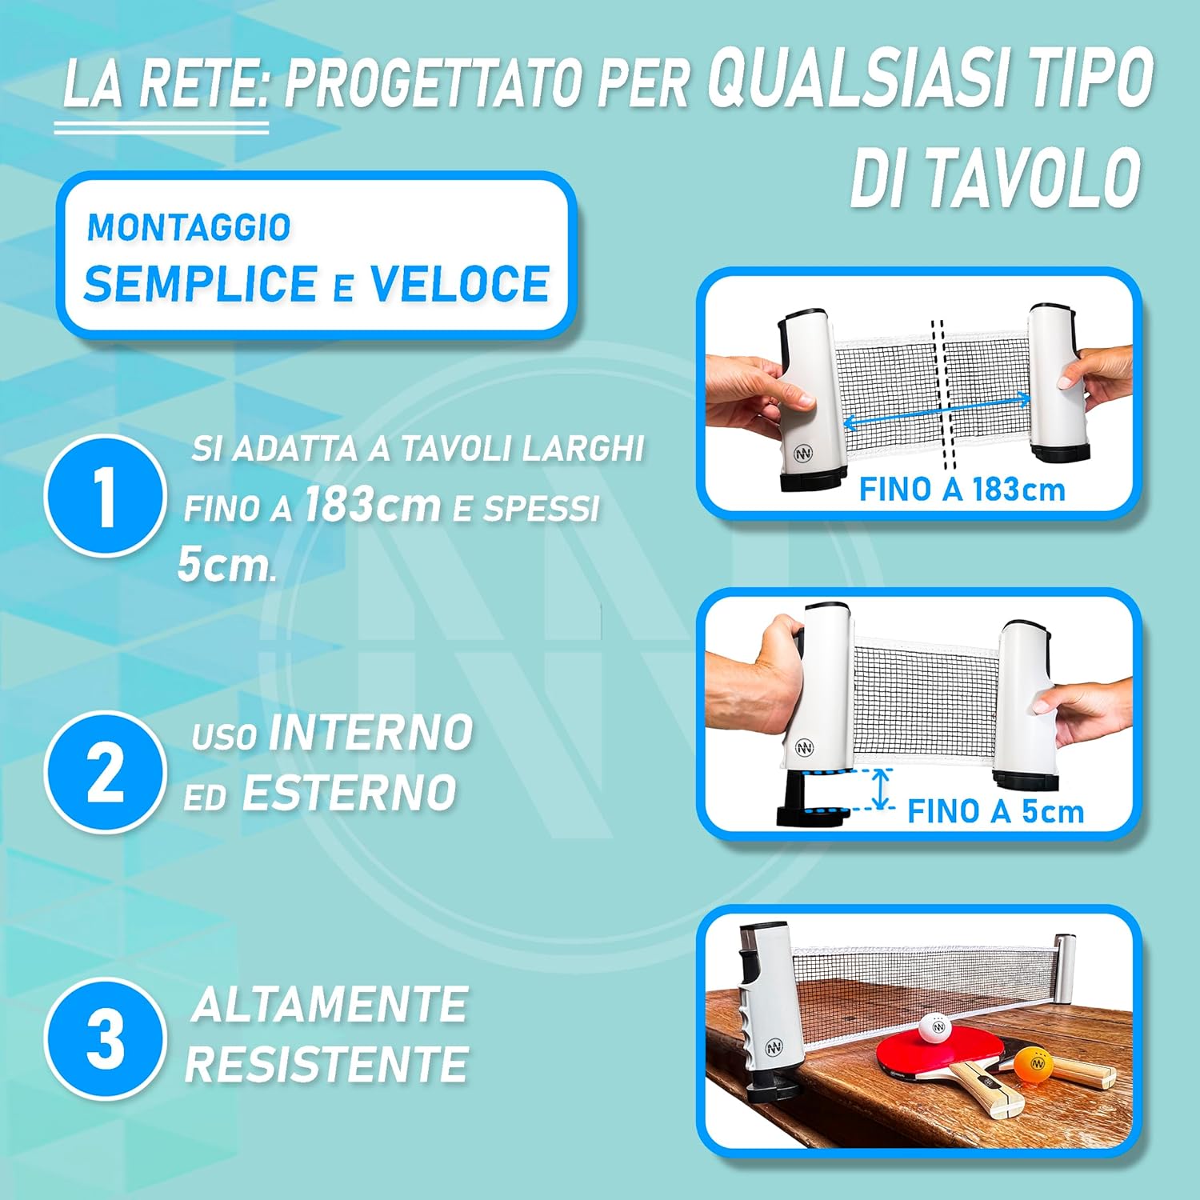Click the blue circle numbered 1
point(105,495)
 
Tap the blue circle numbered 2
point(105,772)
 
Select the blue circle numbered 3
point(105,1038)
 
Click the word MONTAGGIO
point(189,228)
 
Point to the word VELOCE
point(459,284)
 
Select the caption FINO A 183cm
point(962,490)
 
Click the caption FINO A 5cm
point(995,811)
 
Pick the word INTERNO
point(371,733)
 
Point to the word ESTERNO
point(349,793)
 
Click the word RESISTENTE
point(326,1064)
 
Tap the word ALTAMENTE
point(330,1004)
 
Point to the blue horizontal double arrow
point(937,410)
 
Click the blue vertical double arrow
point(880,789)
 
